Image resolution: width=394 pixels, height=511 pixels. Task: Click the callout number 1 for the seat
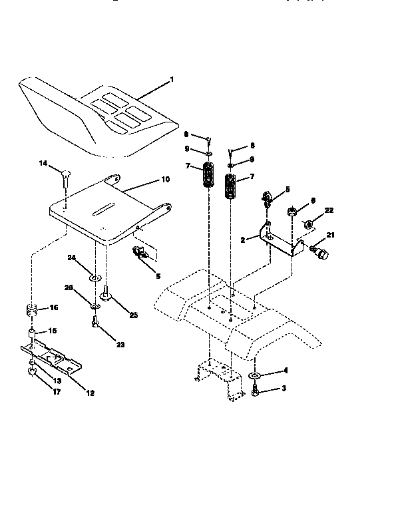click(x=171, y=79)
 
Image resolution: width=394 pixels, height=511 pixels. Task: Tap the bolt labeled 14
click(x=65, y=176)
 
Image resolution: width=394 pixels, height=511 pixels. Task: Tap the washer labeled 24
click(x=95, y=275)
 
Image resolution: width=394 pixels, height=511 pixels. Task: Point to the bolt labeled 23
click(x=95, y=324)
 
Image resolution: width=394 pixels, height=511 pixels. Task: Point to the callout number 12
click(x=91, y=393)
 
